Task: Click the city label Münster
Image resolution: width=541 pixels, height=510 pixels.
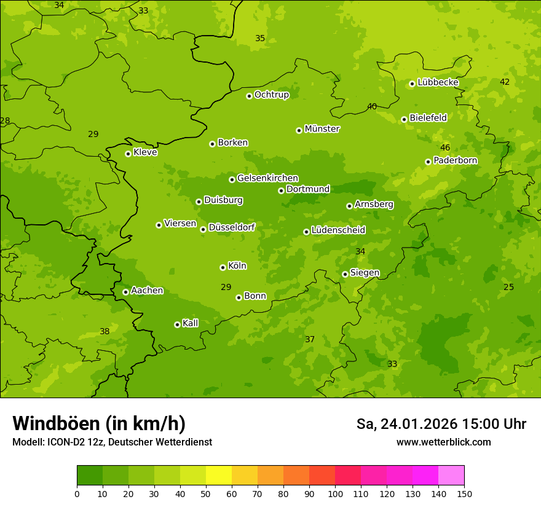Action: click(322, 129)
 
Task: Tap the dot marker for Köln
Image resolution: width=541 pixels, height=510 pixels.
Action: click(223, 267)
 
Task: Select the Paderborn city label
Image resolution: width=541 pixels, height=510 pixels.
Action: click(455, 160)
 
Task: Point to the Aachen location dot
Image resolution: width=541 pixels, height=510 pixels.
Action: click(125, 292)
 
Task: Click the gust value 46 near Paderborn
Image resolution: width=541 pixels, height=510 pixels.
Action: click(445, 147)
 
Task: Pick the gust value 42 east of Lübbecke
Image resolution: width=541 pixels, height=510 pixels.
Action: click(505, 82)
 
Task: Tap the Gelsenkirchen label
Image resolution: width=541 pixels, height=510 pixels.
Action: click(267, 178)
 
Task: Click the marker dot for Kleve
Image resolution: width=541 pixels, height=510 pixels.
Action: click(128, 154)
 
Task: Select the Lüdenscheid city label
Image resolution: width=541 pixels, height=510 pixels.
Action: click(338, 230)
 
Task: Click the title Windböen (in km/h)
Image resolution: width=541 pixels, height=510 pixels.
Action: click(99, 423)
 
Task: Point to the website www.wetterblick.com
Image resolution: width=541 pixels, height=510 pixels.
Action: click(443, 442)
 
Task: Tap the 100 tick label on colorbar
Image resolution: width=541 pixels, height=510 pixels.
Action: click(335, 493)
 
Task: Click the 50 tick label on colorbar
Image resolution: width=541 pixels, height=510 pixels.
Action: click(206, 493)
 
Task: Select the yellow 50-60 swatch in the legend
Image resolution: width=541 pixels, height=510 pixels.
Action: click(219, 476)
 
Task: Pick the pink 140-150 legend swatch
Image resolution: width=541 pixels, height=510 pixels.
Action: click(451, 476)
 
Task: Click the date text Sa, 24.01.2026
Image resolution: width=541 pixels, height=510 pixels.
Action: click(407, 424)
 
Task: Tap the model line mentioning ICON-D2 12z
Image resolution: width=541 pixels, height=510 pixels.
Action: click(112, 442)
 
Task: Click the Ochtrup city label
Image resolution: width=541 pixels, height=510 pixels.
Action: click(271, 95)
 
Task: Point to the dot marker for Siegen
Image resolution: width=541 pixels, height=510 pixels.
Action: click(345, 274)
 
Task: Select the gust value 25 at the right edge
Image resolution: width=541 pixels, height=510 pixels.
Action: click(508, 287)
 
